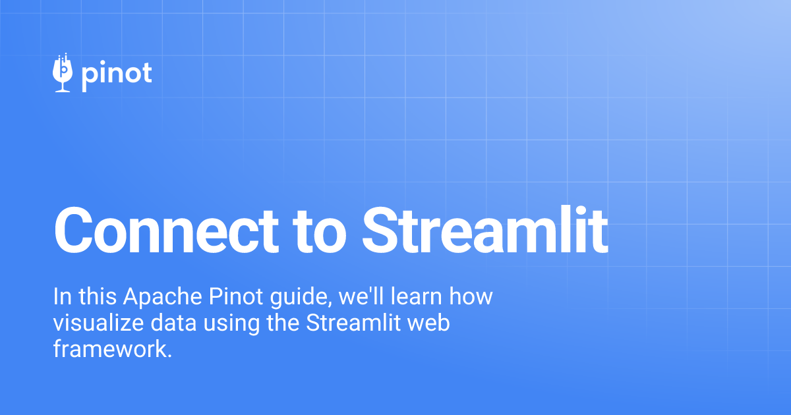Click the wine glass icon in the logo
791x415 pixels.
click(63, 73)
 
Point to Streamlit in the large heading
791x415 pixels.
click(484, 230)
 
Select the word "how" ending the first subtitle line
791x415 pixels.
click(471, 297)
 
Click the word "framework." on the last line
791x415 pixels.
click(112, 349)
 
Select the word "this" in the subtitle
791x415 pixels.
click(96, 297)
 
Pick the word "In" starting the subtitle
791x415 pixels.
click(61, 297)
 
